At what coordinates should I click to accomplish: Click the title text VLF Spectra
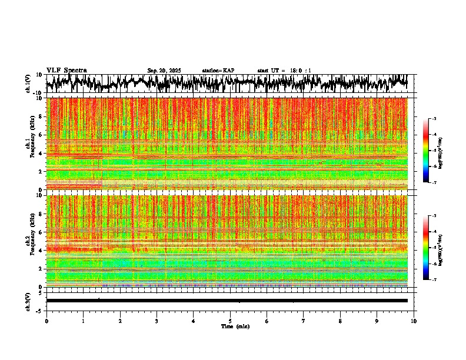pos(66,71)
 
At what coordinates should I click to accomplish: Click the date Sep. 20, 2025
pos(164,71)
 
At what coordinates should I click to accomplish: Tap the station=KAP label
pos(218,71)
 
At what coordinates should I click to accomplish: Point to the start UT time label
pos(284,71)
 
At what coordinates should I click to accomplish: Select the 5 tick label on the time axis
pos(230,321)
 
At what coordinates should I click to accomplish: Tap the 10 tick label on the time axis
pos(414,321)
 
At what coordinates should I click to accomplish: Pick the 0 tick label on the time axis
pos(46,321)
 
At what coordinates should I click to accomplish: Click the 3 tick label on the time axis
pos(157,321)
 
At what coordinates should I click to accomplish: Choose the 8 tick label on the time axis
pos(340,321)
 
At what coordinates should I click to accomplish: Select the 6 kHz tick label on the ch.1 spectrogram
pos(40,135)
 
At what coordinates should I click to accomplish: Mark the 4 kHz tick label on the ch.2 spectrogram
pos(40,251)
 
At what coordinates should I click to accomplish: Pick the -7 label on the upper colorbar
pos(434,182)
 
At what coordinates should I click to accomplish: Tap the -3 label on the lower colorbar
pos(434,216)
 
